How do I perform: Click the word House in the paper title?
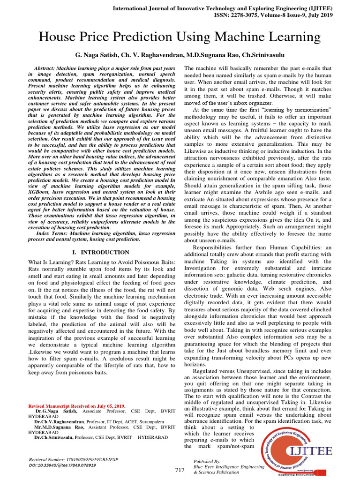(x=58, y=37)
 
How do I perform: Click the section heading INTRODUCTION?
(x=107, y=252)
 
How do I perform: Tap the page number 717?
(x=180, y=470)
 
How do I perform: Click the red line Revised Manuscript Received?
(x=77, y=405)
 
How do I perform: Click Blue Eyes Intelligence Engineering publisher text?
(x=229, y=467)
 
